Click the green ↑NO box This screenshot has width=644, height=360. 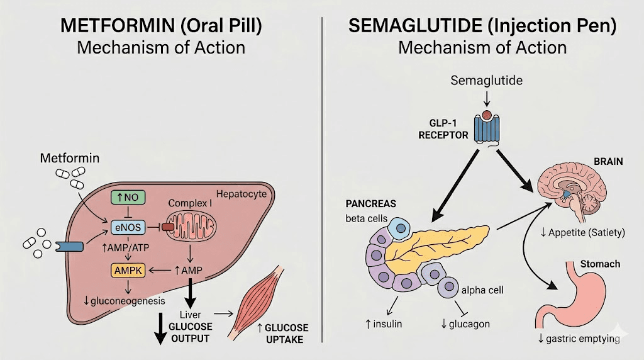pos(128,198)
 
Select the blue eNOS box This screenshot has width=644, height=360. pos(128,227)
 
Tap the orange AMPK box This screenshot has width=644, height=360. pos(128,270)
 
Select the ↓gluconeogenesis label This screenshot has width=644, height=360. pos(125,301)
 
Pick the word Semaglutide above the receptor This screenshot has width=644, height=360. pos(485,81)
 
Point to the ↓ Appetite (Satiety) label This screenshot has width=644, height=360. pos(582,232)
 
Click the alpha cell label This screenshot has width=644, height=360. pos(482,290)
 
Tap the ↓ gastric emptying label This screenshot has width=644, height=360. pos(579,339)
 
